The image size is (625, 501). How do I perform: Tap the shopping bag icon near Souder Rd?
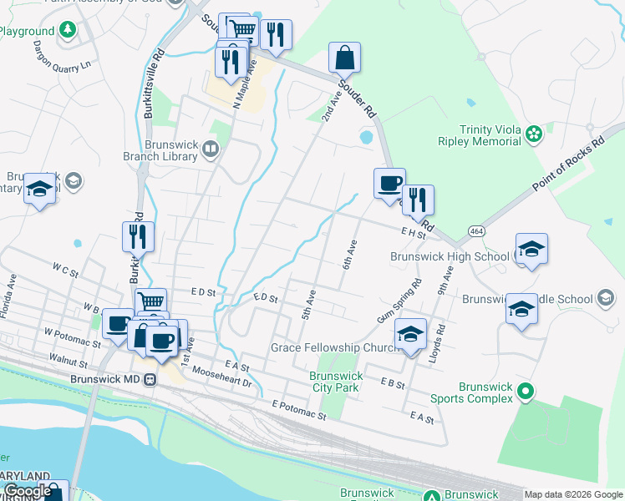point(344,58)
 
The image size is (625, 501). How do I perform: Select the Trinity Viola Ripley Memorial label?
point(480,135)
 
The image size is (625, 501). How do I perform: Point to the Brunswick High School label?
point(450,256)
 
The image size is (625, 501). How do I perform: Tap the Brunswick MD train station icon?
point(150,379)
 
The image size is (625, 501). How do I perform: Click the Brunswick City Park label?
point(335,382)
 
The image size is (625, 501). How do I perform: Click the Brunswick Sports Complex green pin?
point(525,390)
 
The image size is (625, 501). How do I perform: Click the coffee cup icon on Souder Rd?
point(388,184)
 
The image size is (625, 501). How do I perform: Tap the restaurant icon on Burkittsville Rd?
point(138,236)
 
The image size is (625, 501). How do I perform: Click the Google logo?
point(28,492)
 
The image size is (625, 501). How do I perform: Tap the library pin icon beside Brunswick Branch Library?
point(210,149)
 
